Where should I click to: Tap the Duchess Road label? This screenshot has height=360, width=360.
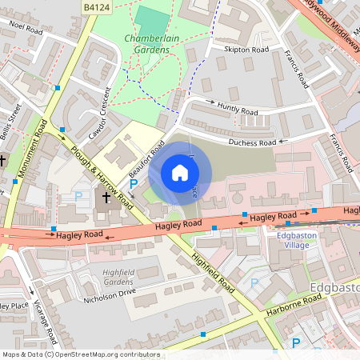tap(252, 142)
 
